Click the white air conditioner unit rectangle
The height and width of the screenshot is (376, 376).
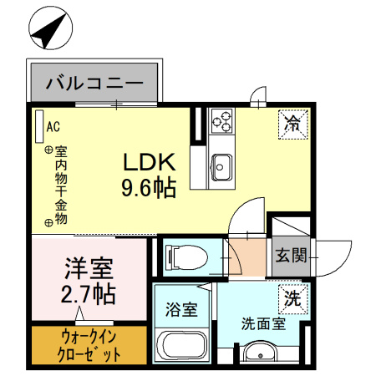coord(38,126)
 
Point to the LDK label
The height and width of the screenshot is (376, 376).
coord(150,161)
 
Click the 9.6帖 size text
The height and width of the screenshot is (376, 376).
coord(150,188)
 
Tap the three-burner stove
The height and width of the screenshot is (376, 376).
coord(222,123)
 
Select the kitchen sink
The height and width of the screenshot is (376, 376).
coord(222,165)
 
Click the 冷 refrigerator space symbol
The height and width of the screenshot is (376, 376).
coord(293,124)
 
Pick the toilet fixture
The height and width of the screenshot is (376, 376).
coord(184,257)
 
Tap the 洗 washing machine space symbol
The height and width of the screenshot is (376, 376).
coord(293,297)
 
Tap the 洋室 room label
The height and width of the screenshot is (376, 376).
coord(88,269)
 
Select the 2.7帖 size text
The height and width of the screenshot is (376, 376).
coord(88,295)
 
